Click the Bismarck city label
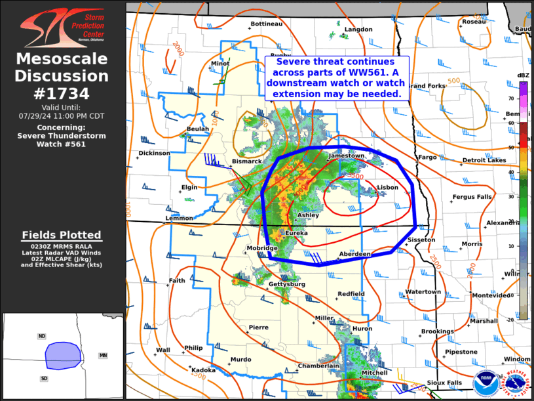(x=247, y=161)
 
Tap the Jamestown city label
(x=348, y=156)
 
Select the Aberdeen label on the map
(x=354, y=254)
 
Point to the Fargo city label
(x=427, y=158)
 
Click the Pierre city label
(x=258, y=327)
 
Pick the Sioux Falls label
(x=444, y=383)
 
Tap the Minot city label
(x=219, y=64)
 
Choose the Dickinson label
(x=154, y=153)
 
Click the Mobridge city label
(x=262, y=248)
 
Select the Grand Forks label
(x=427, y=86)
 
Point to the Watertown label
(x=423, y=291)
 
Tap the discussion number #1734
(x=62, y=93)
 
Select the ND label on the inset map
(x=42, y=336)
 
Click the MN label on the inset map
(x=103, y=355)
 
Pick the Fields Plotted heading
(x=62, y=235)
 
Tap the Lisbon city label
(x=387, y=188)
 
